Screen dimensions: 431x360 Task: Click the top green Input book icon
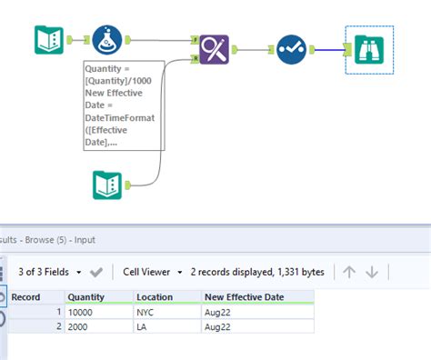click(48, 40)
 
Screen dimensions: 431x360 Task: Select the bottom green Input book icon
click(107, 185)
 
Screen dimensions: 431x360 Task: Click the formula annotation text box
click(123, 105)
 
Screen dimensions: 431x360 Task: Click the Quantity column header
click(86, 297)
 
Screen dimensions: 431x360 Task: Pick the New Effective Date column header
click(244, 297)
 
